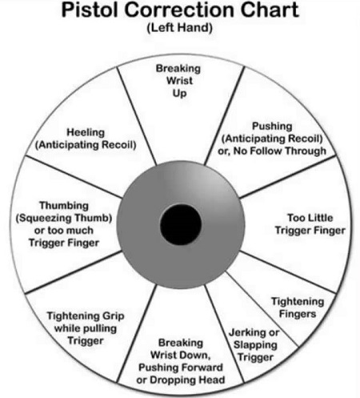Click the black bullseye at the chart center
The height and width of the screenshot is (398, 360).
coord(181,224)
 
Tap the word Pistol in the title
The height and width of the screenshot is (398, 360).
coord(90,10)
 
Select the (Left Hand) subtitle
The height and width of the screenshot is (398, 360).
coord(180,27)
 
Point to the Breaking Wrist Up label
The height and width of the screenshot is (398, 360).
coord(178,81)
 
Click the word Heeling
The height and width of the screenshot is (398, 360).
coord(86,132)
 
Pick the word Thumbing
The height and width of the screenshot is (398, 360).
coord(64,206)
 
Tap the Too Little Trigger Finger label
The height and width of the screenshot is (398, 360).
coord(310,224)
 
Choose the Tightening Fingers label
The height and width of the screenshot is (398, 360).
coord(298,308)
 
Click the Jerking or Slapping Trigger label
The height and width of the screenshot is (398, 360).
coord(254,344)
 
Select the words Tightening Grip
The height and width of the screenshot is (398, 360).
coord(86,316)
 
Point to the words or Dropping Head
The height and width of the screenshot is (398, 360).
coord(181,380)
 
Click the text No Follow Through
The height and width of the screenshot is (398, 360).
coord(280,151)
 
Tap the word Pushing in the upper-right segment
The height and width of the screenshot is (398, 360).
coord(272,126)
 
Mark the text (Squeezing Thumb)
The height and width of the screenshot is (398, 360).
coord(64,218)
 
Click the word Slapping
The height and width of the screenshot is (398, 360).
coord(255,345)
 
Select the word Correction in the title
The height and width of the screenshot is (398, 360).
coord(180,10)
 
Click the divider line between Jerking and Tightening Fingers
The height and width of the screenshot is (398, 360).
coord(262,309)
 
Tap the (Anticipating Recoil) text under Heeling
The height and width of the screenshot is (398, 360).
coord(86,145)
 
